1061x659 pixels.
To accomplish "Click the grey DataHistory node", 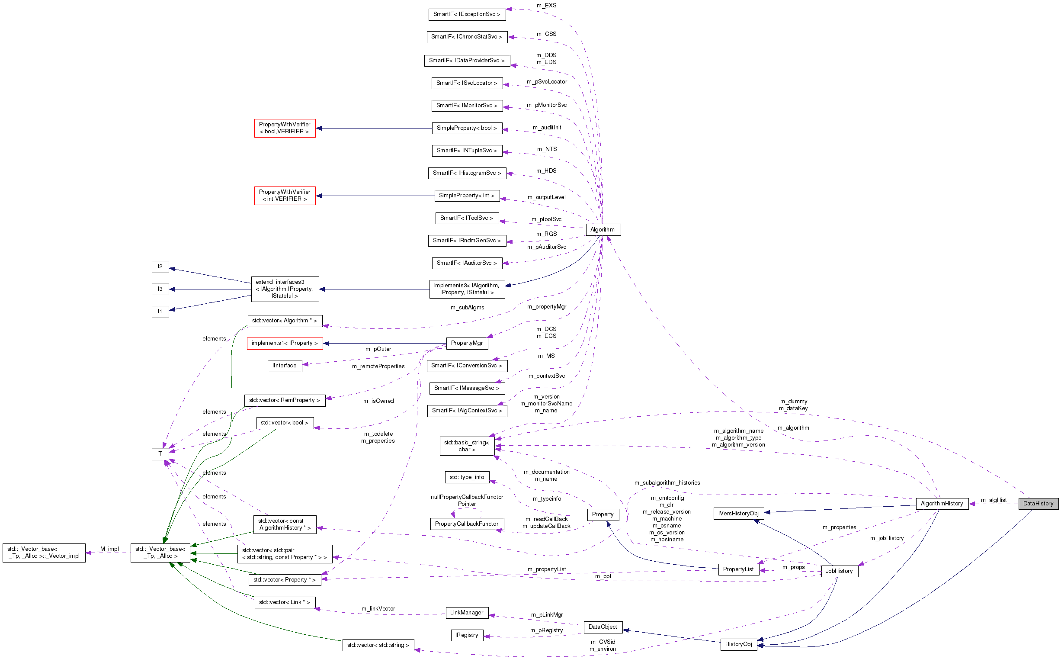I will click(x=1038, y=503).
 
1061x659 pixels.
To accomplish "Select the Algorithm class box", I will click(x=603, y=230).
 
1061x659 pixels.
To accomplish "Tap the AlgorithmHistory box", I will click(x=942, y=503).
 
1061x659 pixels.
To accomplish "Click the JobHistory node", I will click(x=839, y=571).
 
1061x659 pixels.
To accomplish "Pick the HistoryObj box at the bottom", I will click(x=738, y=644).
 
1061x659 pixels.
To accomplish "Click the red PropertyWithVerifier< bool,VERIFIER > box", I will click(x=285, y=128).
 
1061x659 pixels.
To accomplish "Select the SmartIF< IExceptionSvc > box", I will click(x=466, y=14).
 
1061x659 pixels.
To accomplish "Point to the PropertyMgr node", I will click(x=466, y=343).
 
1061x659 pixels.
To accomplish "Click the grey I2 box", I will click(x=160, y=266).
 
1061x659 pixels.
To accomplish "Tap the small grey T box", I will click(x=160, y=454).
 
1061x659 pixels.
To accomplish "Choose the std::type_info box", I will click(x=466, y=477).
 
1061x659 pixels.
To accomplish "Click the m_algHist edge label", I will click(x=994, y=500).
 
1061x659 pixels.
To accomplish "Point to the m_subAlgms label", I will click(x=467, y=308).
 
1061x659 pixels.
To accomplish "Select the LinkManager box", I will click(x=466, y=613).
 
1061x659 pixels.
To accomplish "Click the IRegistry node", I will click(x=466, y=636).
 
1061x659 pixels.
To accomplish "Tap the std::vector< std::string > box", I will click(x=378, y=645).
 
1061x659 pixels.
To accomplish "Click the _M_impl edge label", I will click(x=109, y=549).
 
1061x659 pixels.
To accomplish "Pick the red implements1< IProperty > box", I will click(x=285, y=344).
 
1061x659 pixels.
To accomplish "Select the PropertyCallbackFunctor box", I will click(x=466, y=524).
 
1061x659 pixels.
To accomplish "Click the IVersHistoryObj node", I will click(x=738, y=514).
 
